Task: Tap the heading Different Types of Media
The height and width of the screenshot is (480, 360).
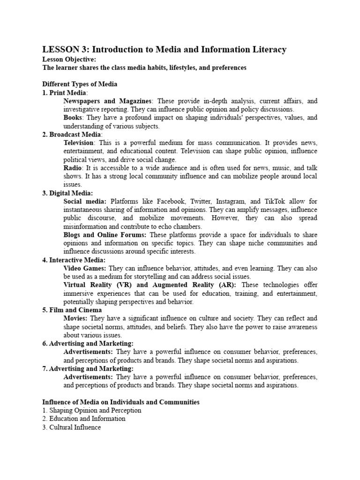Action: [x=80, y=84]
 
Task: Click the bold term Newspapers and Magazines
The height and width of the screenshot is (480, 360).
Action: [x=107, y=101]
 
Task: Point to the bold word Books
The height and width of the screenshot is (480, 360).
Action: [x=73, y=118]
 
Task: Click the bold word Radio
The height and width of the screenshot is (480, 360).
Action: [x=73, y=168]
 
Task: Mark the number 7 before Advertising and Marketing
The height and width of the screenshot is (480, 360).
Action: [x=44, y=369]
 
